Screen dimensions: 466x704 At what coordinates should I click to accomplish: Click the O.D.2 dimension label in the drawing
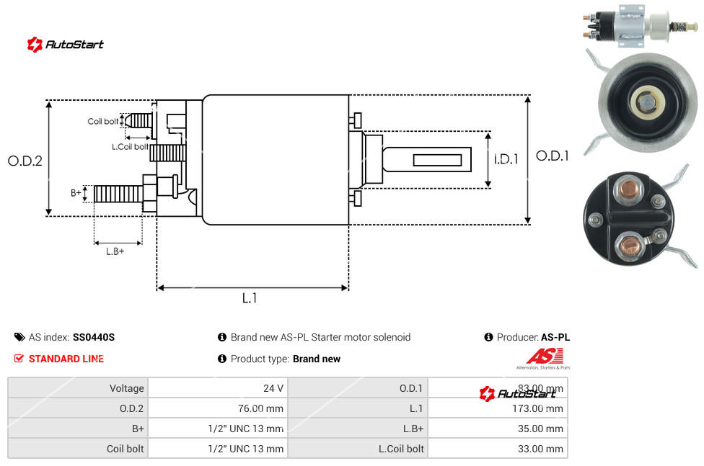(x=25, y=161)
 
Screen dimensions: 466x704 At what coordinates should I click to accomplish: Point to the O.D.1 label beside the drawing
(x=553, y=156)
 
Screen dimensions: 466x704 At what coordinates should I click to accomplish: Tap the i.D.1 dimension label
(x=506, y=159)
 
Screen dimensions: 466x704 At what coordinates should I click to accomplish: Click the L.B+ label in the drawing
(x=115, y=251)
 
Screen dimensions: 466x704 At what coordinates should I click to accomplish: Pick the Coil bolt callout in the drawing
(x=103, y=122)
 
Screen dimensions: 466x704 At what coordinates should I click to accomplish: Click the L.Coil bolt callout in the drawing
(x=130, y=147)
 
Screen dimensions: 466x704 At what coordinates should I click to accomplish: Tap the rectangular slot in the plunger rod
(x=437, y=158)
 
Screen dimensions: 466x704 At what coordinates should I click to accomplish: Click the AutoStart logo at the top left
(x=66, y=45)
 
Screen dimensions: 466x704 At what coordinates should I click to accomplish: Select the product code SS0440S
(x=94, y=337)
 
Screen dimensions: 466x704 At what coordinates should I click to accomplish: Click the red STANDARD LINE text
(x=66, y=359)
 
